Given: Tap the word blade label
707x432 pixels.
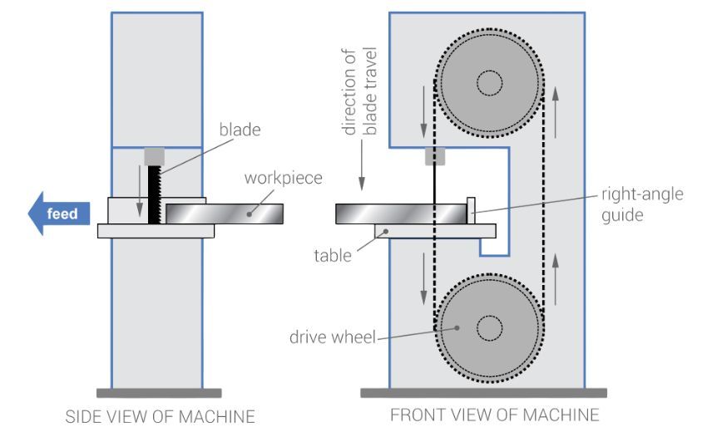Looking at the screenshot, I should click(240, 129).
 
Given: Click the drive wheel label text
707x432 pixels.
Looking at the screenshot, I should click(330, 337).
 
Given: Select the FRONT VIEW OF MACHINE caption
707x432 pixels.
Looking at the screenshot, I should click(494, 415).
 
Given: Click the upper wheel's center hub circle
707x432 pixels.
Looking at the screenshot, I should click(489, 82).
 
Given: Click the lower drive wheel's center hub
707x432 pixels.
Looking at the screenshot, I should click(489, 327).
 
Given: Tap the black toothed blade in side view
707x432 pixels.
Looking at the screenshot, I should click(154, 194).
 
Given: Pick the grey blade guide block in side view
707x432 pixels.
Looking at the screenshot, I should click(154, 156).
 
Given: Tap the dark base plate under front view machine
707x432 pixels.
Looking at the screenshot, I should click(483, 392).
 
